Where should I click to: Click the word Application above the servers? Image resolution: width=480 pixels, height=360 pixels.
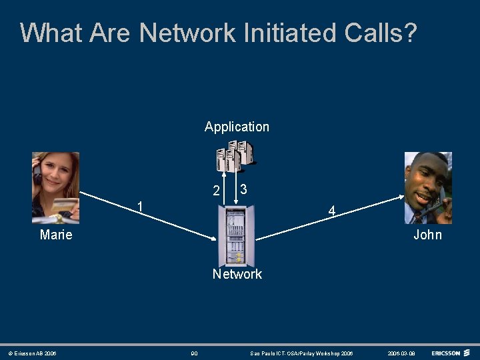tap(237, 127)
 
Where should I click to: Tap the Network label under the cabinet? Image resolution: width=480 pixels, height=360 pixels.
tap(237, 274)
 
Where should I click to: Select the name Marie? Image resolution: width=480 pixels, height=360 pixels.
tap(56, 235)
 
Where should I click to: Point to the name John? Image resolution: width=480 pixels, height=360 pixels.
tap(427, 235)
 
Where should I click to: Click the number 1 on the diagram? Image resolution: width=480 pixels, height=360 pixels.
tap(139, 205)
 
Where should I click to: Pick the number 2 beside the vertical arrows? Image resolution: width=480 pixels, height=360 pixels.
tap(216, 191)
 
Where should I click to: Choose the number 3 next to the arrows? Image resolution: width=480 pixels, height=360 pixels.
tap(244, 189)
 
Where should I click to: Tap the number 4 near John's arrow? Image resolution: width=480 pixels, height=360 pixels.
tap(331, 212)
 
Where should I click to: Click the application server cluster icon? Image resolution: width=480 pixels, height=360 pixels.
tap(235, 156)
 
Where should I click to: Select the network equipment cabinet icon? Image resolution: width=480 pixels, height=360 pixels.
tap(236, 236)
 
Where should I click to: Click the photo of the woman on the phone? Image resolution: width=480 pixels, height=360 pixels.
tap(55, 187)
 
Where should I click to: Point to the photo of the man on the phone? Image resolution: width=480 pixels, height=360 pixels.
tap(428, 188)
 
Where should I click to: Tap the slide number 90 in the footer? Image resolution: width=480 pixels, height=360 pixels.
tap(194, 353)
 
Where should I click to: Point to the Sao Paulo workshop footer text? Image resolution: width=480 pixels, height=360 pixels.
tap(301, 353)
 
